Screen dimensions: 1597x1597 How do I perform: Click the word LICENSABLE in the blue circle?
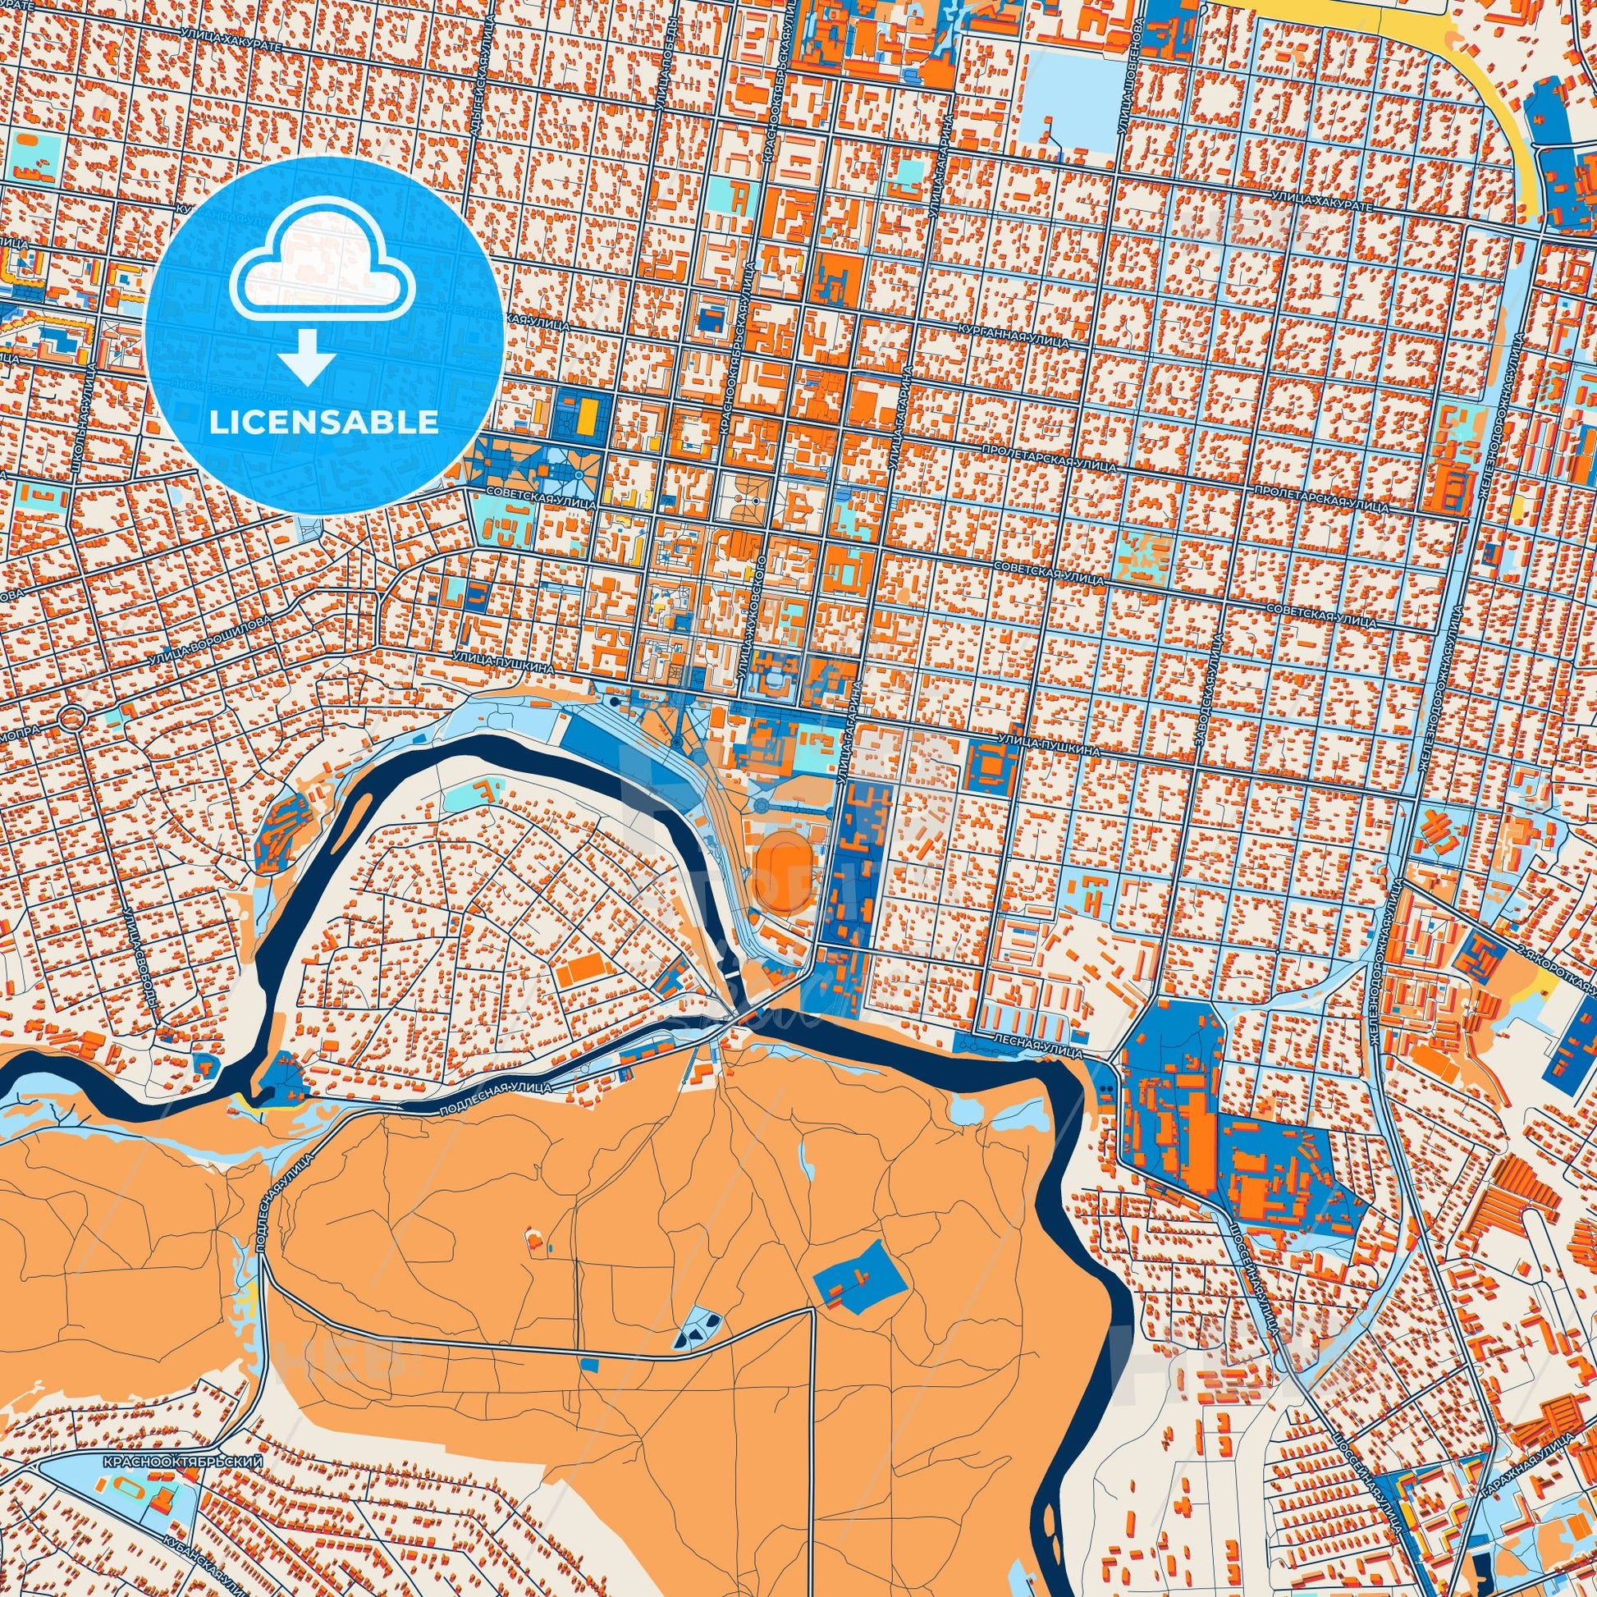point(323,423)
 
